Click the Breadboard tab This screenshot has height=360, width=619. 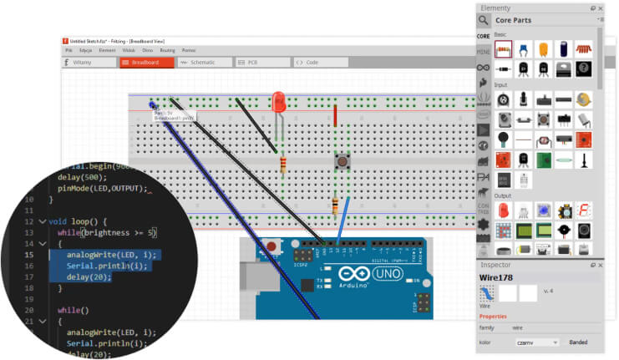click(x=146, y=62)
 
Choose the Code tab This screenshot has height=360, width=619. click(x=310, y=62)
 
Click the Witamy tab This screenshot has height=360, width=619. click(x=88, y=62)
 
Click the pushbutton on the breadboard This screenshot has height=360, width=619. click(x=341, y=160)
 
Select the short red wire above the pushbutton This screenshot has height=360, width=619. click(x=335, y=116)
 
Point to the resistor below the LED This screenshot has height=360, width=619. click(x=284, y=165)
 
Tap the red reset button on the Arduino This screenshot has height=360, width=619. click(x=271, y=247)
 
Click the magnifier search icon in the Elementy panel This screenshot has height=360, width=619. click(x=484, y=20)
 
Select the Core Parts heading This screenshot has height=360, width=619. click(x=514, y=20)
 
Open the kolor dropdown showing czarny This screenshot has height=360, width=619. click(x=537, y=342)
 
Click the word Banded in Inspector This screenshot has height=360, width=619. click(x=577, y=342)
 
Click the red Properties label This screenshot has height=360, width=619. click(x=492, y=317)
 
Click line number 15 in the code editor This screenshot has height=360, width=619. click(x=28, y=254)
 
